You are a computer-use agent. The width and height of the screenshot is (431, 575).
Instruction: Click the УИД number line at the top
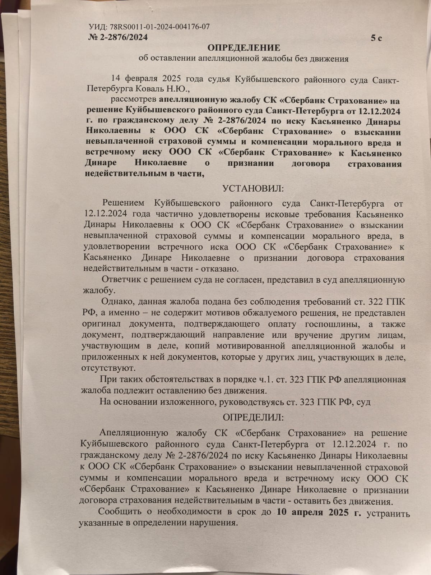(149, 27)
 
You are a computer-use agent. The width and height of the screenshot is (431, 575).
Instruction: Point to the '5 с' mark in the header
(376, 38)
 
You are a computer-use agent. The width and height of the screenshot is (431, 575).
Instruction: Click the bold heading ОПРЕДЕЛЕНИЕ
(244, 48)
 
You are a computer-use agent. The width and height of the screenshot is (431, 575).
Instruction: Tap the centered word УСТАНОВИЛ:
(253, 189)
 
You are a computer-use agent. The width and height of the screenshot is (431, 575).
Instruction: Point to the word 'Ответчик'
(119, 280)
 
